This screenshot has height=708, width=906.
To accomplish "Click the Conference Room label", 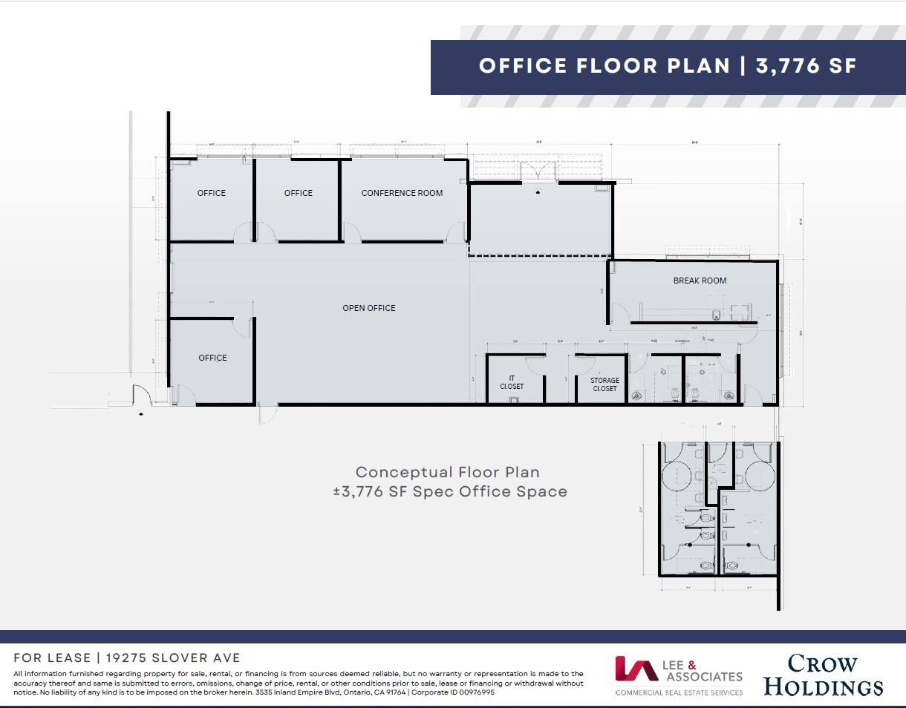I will [x=402, y=193].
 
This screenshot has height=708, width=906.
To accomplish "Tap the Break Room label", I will [x=700, y=281].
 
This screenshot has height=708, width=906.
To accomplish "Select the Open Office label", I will [x=369, y=308].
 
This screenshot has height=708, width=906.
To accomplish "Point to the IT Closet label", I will [x=512, y=382].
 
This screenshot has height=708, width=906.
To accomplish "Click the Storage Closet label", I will [x=604, y=384].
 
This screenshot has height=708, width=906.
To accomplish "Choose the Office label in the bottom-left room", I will [x=212, y=358].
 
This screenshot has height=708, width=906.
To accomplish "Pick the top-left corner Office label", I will [x=212, y=193].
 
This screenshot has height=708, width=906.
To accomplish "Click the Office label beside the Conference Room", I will [x=299, y=193].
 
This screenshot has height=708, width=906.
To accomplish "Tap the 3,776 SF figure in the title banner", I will [x=806, y=66].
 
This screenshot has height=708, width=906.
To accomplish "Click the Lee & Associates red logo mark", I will [x=636, y=669].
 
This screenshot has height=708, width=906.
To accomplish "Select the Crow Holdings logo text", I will [x=823, y=675].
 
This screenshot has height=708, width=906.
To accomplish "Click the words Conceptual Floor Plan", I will [x=447, y=472].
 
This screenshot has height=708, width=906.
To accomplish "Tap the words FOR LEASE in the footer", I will [x=52, y=658].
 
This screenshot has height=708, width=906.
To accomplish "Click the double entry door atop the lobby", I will [x=539, y=171].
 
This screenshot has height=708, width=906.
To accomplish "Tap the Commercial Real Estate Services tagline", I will [x=679, y=692].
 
